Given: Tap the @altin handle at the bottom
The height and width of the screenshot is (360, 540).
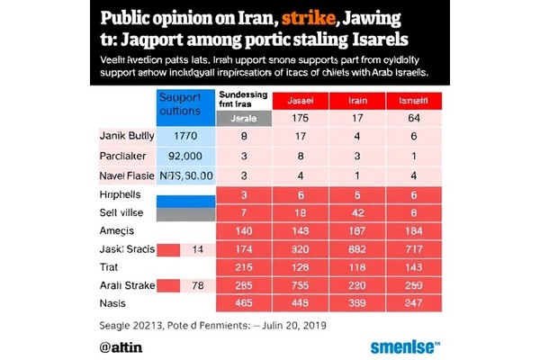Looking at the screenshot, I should coord(121,346).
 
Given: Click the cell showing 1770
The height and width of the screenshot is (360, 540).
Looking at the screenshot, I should coord(185,136).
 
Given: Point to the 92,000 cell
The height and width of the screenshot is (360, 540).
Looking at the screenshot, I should coord(185,156).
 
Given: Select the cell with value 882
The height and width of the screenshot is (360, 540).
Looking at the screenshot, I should coord(356,248).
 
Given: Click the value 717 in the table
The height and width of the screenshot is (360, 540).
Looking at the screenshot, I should coord(413,248).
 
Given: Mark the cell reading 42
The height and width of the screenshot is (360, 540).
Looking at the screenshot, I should coord(356,211).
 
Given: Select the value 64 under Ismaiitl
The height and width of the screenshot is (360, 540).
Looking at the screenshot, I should coord(413,118).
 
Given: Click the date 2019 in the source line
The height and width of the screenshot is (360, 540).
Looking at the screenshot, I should coord(310,325).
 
